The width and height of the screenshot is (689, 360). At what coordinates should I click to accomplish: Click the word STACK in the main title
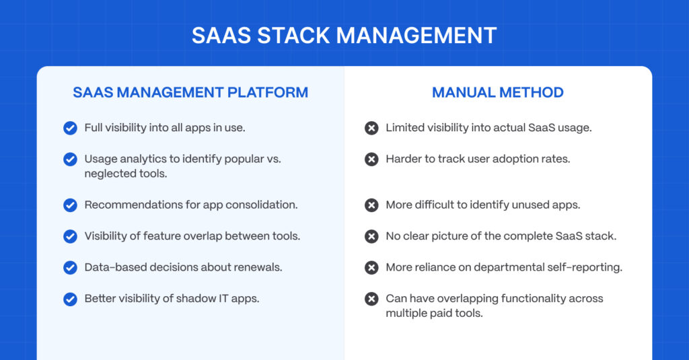293,36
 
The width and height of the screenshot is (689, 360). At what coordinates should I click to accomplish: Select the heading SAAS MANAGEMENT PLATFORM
190,92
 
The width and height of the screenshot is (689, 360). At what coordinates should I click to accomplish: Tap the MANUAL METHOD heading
497,92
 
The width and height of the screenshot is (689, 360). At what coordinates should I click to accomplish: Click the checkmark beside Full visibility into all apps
70,128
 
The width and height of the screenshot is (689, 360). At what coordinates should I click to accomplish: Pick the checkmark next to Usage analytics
70,159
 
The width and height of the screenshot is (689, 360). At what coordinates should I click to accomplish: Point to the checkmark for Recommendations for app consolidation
70,205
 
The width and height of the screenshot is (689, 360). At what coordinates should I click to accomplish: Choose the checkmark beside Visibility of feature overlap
70,236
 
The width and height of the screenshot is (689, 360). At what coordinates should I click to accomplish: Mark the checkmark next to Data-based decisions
70,268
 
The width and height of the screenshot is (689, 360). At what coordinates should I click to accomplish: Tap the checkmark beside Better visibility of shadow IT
70,299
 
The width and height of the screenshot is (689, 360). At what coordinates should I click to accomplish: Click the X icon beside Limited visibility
371,128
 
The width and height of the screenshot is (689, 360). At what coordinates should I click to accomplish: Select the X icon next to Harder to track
371,159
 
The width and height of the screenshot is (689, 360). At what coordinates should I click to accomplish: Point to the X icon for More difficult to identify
371,205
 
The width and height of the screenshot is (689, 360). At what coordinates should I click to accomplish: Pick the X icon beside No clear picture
371,236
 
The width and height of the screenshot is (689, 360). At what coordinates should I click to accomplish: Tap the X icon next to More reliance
371,268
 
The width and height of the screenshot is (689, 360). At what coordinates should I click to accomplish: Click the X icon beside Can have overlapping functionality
371,299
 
